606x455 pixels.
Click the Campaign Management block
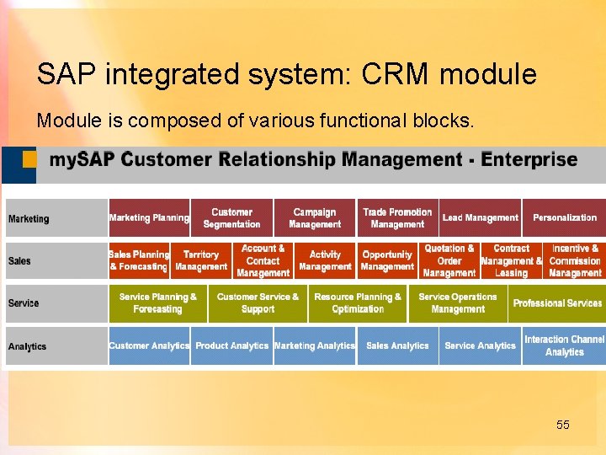tap(315, 218)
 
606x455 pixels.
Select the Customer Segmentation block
tap(231, 218)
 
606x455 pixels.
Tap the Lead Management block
tap(480, 218)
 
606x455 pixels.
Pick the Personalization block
tap(564, 218)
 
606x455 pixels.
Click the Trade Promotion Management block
tap(397, 218)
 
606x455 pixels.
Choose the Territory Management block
tap(201, 260)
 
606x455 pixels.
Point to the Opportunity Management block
tap(387, 260)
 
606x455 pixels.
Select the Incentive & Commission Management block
tap(575, 260)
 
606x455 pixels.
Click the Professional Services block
tap(557, 303)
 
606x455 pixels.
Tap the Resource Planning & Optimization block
tap(358, 303)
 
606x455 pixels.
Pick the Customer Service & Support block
tap(258, 303)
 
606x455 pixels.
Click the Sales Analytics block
tap(397, 346)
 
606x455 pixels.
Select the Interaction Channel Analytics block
tap(564, 346)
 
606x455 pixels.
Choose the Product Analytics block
tap(231, 346)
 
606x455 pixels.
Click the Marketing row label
tap(29, 219)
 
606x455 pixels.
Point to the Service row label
tap(24, 303)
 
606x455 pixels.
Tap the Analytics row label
tap(27, 346)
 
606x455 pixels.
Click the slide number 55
tap(563, 426)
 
